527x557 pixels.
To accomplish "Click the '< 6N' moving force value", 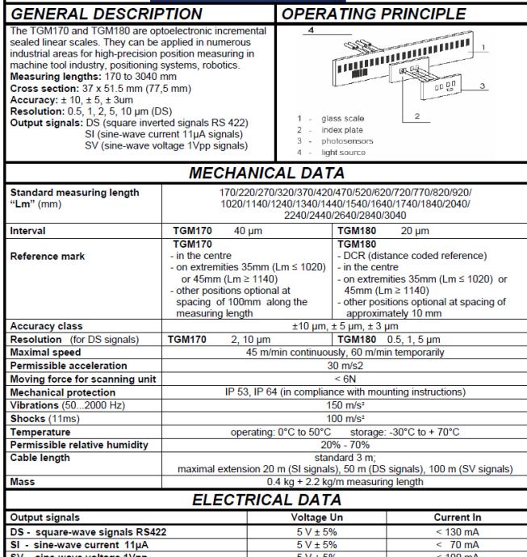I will click(345, 380).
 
